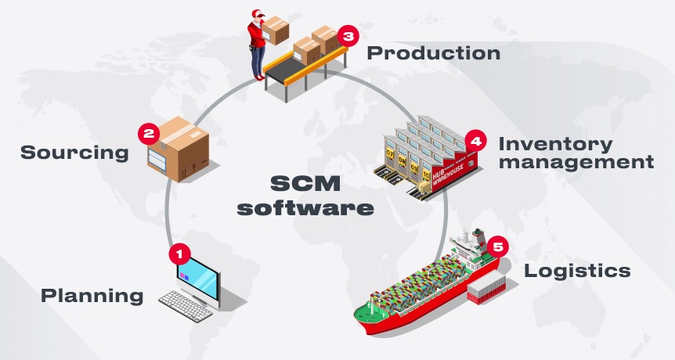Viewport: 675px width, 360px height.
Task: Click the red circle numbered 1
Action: [179, 254]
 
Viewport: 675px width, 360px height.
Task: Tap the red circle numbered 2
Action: [149, 134]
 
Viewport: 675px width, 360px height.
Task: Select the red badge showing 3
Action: [348, 36]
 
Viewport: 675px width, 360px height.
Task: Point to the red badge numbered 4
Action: [475, 141]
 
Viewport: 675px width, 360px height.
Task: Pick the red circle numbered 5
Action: [498, 247]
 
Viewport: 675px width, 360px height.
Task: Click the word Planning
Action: [92, 297]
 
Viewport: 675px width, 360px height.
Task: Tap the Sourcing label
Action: [74, 153]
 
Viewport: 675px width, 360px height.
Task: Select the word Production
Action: [434, 53]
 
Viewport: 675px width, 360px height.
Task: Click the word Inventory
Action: [555, 145]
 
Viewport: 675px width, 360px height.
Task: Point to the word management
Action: [576, 163]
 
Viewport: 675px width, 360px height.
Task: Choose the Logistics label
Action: [577, 271]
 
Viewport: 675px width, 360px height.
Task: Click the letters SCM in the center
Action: [305, 184]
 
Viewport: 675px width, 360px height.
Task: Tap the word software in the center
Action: [305, 208]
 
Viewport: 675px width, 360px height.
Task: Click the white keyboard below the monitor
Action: [186, 306]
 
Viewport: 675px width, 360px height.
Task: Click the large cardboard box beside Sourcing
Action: [179, 149]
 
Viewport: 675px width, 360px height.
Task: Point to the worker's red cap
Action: [258, 13]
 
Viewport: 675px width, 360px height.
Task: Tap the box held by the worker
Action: [276, 30]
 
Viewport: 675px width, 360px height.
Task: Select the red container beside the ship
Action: [487, 287]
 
